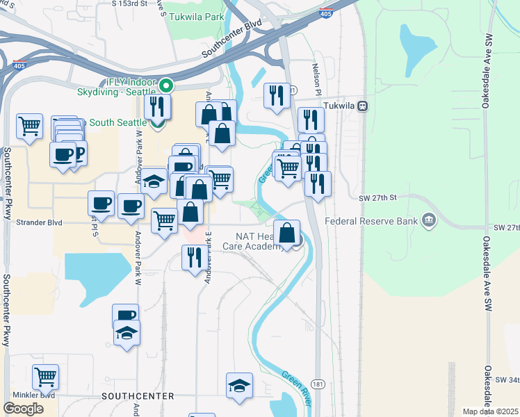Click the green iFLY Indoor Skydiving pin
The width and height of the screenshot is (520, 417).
[x=166, y=86]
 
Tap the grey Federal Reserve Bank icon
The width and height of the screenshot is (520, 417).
[x=429, y=222]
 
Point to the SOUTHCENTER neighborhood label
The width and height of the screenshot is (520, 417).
[x=137, y=395]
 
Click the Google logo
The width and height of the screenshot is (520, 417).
[x=23, y=409]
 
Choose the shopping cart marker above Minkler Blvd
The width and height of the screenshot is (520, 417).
[x=46, y=377]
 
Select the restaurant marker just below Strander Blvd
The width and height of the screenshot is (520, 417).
[x=193, y=257]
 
